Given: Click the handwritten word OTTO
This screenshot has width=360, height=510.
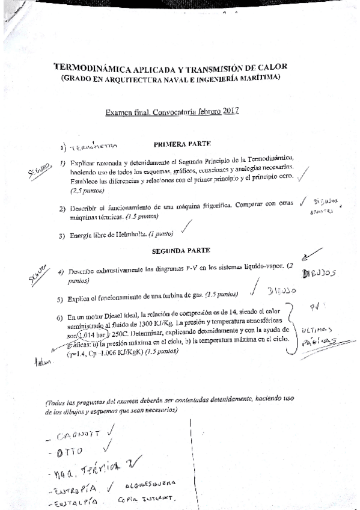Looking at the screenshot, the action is click(x=67, y=449).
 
